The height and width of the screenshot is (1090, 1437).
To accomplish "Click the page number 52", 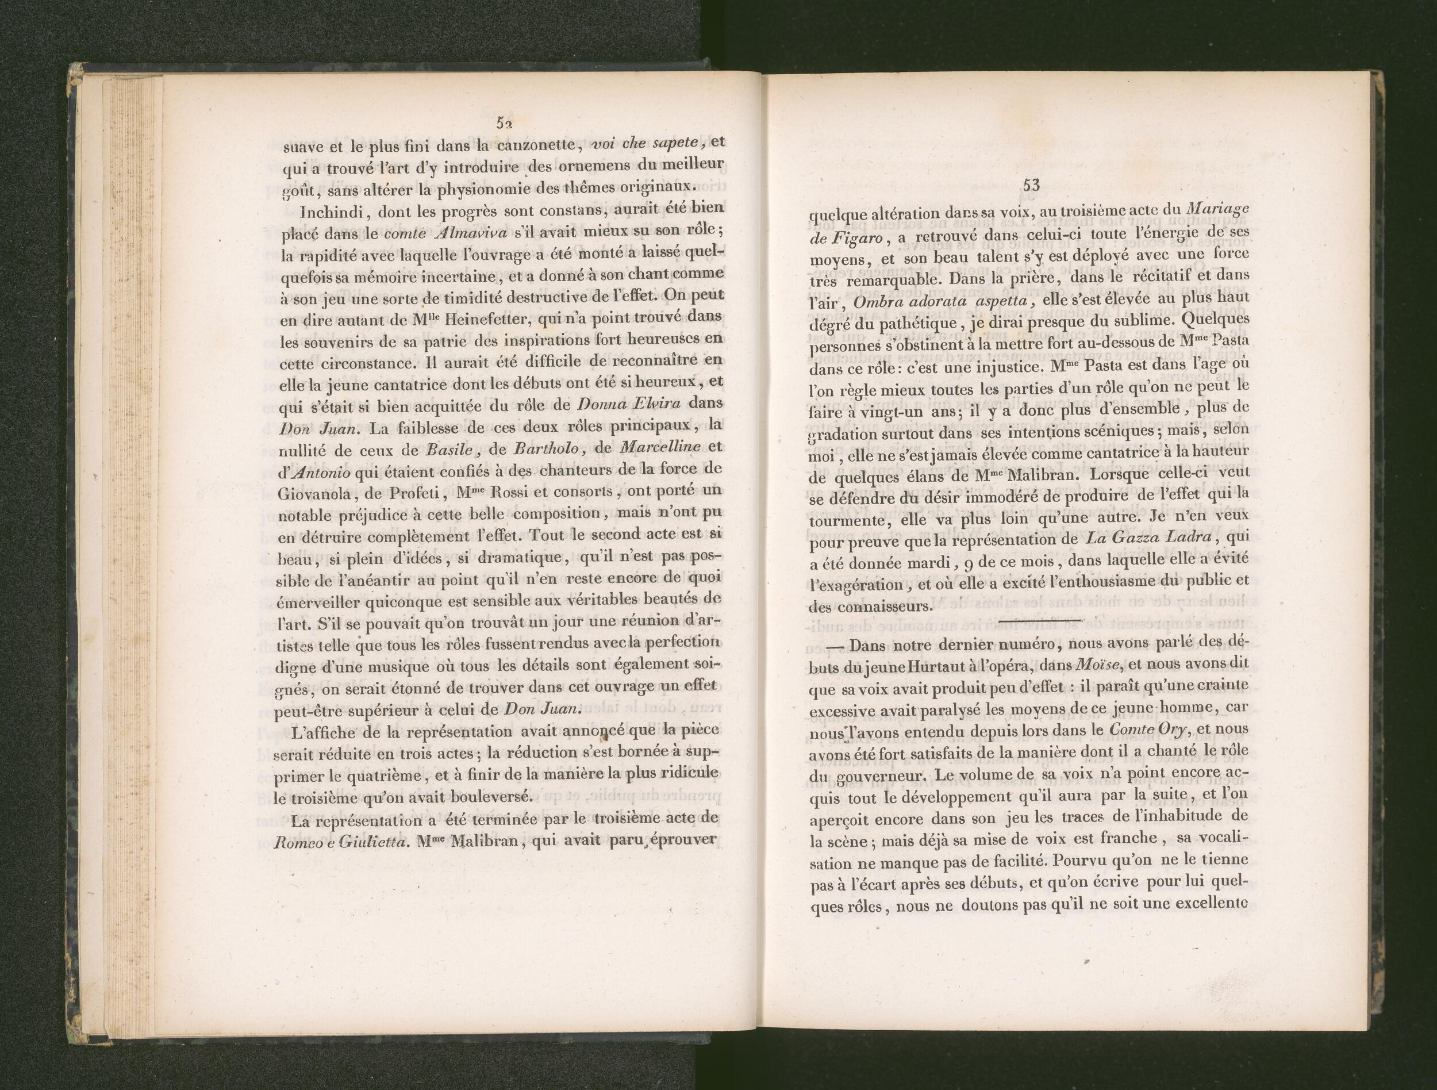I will (x=505, y=122).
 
